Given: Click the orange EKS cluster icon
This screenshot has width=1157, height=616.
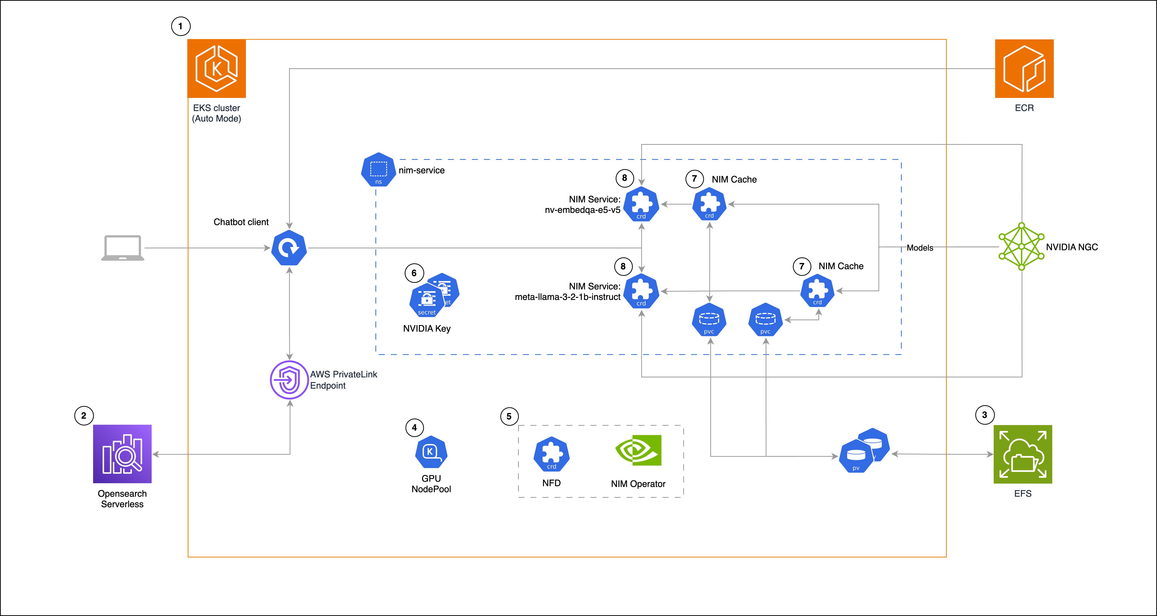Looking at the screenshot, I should click(216, 69).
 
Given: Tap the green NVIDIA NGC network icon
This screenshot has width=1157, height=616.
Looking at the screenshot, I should click(1021, 246).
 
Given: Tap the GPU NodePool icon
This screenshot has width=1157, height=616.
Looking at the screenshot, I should click(431, 452).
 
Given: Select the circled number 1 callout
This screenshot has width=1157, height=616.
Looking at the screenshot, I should click(181, 26).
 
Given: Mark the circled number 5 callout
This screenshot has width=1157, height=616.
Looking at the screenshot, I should click(509, 416).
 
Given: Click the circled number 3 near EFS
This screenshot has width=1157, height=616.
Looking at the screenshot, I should click(985, 415).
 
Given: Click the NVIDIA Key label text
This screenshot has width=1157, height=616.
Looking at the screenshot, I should click(427, 329).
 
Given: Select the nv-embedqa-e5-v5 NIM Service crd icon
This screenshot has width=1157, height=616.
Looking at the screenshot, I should click(641, 204).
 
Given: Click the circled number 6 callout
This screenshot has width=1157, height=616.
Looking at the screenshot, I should click(414, 273).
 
